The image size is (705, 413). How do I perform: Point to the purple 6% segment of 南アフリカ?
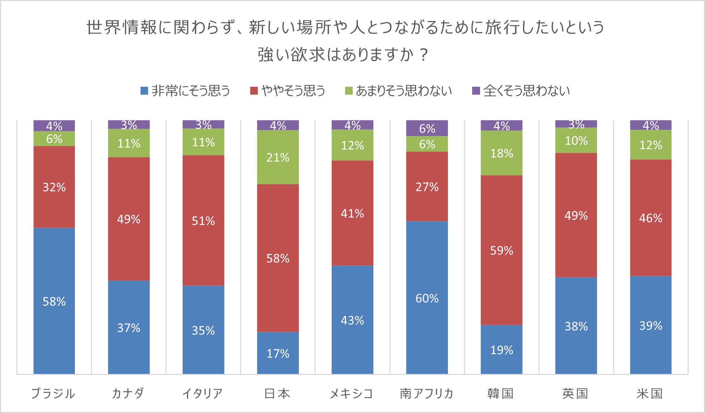click(427, 128)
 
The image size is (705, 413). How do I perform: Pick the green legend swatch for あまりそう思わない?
click(349, 91)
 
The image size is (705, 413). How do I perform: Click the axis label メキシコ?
click(351, 393)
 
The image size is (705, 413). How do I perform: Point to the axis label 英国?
click(575, 393)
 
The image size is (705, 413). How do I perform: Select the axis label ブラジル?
click(53, 393)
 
